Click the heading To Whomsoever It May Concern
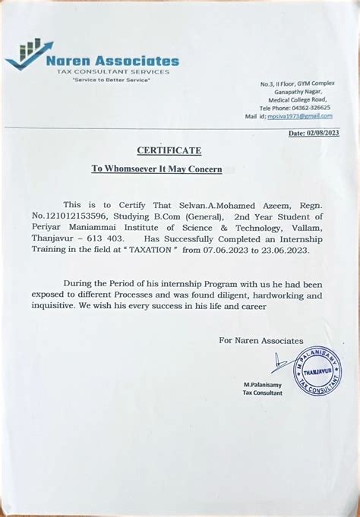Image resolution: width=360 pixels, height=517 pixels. (156, 169)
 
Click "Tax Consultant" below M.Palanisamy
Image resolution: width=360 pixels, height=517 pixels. (263, 392)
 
